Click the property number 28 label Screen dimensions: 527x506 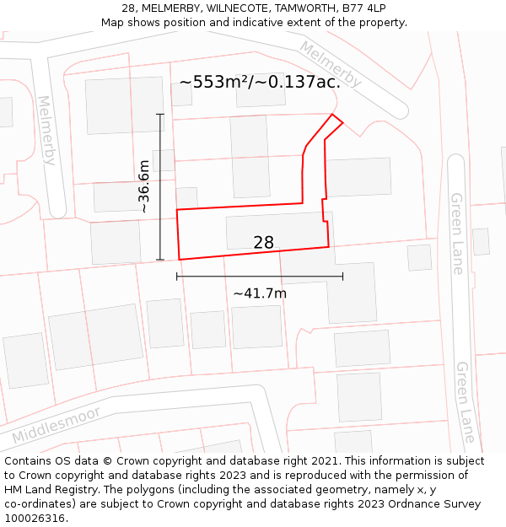tap(263, 243)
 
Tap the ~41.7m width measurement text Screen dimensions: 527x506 tap(260, 293)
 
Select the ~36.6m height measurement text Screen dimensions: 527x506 tap(143, 186)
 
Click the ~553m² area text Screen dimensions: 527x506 tap(260, 82)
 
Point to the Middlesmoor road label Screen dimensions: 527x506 tap(57, 426)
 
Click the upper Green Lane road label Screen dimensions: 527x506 tap(456, 234)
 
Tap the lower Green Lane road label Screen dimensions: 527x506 tap(465, 402)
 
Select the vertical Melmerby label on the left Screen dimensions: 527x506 tap(46, 130)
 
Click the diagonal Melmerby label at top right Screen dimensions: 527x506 tap(331, 64)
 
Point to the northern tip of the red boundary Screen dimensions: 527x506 tap(332, 114)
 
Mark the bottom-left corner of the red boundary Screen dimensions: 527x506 tap(180, 260)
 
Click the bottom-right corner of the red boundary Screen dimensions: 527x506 tap(329, 247)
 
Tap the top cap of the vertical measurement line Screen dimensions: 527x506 tap(160, 114)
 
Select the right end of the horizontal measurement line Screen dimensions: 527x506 tap(342, 276)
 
